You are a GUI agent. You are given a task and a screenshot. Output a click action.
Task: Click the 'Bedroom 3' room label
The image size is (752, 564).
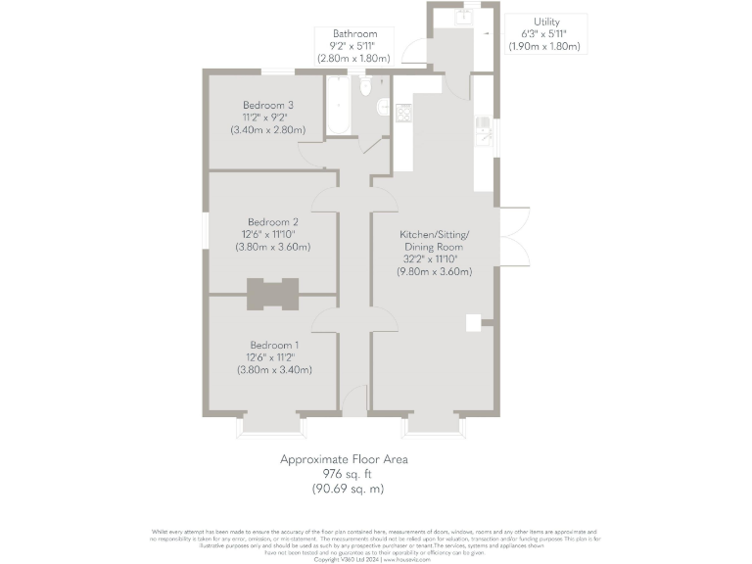(x=268, y=105)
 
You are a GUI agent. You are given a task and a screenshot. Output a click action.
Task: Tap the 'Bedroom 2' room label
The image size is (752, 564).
(x=272, y=221)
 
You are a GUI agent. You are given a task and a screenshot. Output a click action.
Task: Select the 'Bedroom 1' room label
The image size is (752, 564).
(x=274, y=345)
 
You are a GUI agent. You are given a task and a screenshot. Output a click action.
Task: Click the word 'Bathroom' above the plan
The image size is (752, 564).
(x=354, y=34)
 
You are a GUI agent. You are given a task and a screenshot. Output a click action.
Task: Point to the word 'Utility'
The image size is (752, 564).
(x=547, y=22)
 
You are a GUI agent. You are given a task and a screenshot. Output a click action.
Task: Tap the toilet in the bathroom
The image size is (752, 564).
(x=365, y=87)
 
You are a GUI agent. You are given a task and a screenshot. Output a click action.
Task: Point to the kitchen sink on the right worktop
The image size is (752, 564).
(x=483, y=123)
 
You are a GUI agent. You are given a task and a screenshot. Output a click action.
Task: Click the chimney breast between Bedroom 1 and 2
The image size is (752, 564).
(x=272, y=294)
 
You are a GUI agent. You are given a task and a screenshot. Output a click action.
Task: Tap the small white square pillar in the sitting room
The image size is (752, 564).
(x=473, y=321)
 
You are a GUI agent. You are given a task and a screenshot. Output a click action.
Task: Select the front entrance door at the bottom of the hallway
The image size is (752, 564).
(x=353, y=400)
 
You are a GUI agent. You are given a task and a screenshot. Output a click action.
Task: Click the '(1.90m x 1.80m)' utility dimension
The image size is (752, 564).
(x=546, y=46)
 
